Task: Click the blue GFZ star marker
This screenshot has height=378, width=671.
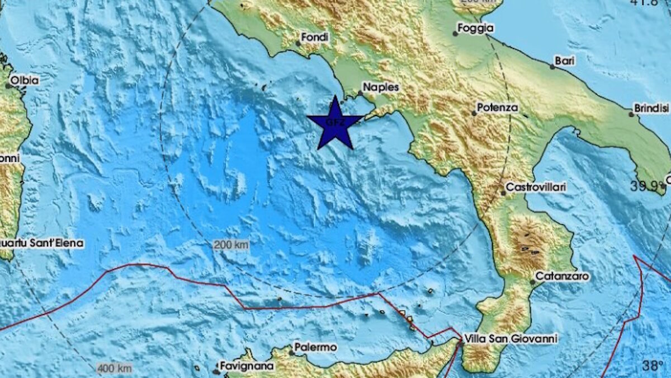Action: pyautogui.click(x=335, y=123)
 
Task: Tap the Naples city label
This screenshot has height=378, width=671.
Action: pyautogui.click(x=381, y=87)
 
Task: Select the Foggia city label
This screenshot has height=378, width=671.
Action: pyautogui.click(x=475, y=27)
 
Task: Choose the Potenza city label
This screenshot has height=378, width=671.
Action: pyautogui.click(x=498, y=107)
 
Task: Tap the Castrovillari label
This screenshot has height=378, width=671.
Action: pyautogui.click(x=536, y=187)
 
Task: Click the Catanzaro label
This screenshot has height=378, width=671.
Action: pyautogui.click(x=562, y=276)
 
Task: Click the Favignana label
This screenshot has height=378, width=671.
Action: pyautogui.click(x=247, y=366)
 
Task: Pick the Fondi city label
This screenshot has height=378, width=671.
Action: pyautogui.click(x=315, y=38)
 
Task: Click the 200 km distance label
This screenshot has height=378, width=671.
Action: pyautogui.click(x=231, y=245)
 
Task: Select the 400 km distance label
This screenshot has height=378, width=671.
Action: pyautogui.click(x=115, y=368)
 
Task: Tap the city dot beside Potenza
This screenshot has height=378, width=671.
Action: pyautogui.click(x=474, y=113)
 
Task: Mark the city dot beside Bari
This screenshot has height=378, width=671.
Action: pyautogui.click(x=552, y=67)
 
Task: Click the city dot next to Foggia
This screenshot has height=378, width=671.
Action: pyautogui.click(x=455, y=34)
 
